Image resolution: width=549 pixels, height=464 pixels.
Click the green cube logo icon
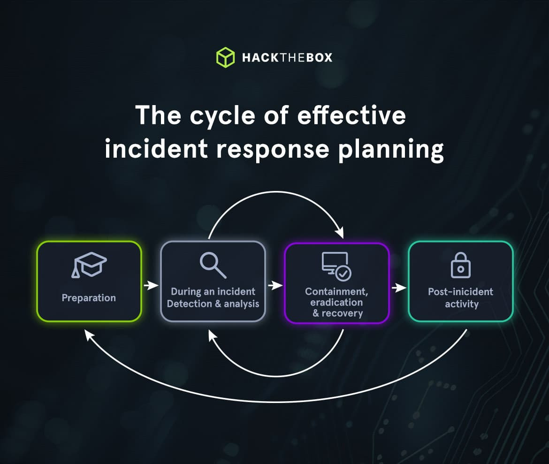pyautogui.click(x=225, y=57)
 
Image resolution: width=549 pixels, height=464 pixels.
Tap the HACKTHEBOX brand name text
pyautogui.click(x=287, y=58)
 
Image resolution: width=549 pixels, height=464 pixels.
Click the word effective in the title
pyautogui.click(x=352, y=115)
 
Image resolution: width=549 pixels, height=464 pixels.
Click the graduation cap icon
pyautogui.click(x=89, y=266)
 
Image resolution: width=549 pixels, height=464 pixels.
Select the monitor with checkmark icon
pyautogui.click(x=336, y=266)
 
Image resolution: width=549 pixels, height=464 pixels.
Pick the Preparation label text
pyautogui.click(x=89, y=298)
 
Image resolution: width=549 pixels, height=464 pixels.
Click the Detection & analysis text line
pyautogui.click(x=213, y=304)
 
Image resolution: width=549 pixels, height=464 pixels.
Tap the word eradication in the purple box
pyautogui.click(x=336, y=303)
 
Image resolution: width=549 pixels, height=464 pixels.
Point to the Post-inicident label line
pyautogui.click(x=460, y=292)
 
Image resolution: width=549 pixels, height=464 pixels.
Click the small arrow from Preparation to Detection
pyautogui.click(x=151, y=285)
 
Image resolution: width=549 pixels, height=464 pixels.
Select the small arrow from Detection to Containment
pyautogui.click(x=275, y=285)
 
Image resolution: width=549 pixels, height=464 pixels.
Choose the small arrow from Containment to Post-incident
pyautogui.click(x=399, y=287)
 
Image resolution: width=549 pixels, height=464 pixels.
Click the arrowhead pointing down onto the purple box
pyautogui.click(x=340, y=232)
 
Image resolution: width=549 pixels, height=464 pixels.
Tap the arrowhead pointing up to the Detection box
pyautogui.click(x=212, y=334)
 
